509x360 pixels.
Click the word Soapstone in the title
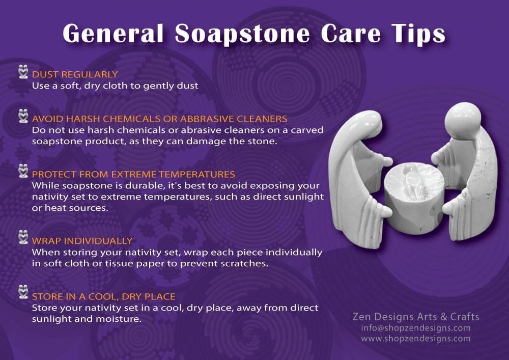[x=242, y=34]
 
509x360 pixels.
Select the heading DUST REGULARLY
[x=75, y=74]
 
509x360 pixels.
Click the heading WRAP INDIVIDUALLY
[x=82, y=241]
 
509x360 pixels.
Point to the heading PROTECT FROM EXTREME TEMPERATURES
[x=133, y=174]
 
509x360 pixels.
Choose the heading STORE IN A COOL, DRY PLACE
[x=103, y=296]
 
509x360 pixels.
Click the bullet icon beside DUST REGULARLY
[x=23, y=71]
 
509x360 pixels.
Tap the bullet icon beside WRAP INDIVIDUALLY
[x=23, y=237]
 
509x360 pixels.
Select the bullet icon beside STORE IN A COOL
[x=23, y=292]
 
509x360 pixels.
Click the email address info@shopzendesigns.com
[x=416, y=328]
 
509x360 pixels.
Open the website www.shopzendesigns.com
[x=416, y=339]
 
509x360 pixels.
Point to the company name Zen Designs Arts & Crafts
[x=416, y=317]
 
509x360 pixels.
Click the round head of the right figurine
[x=463, y=119]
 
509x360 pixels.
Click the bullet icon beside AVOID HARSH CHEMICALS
[x=23, y=116]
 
